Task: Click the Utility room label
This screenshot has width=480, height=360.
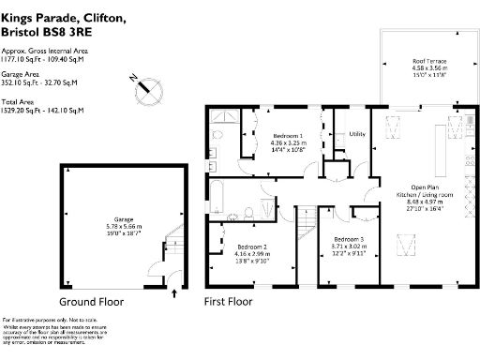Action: click(356, 134)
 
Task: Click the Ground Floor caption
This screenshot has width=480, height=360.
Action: click(91, 302)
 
